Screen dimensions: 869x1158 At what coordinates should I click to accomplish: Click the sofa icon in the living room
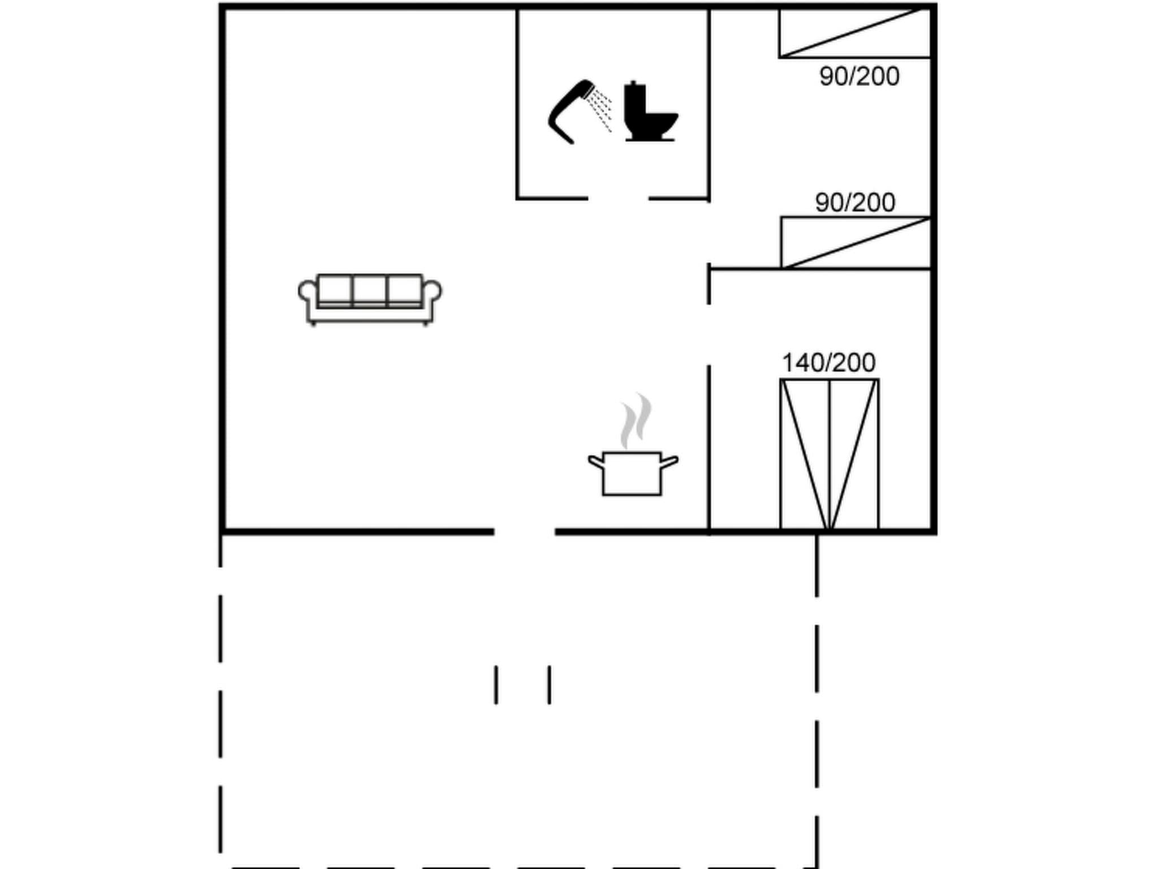[370, 299]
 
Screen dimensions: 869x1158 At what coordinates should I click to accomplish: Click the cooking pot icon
[632, 473]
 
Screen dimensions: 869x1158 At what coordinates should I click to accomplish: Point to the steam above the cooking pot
[636, 420]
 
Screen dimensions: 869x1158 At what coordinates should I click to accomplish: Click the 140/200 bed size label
[828, 363]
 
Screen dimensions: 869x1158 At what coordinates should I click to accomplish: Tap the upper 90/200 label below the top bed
[859, 77]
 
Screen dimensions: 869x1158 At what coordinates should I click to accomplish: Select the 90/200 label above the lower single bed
[855, 203]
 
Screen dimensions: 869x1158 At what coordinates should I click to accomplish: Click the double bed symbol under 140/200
[829, 454]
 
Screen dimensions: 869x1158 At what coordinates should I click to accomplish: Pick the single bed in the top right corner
[854, 33]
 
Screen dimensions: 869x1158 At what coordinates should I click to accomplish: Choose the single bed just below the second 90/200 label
[855, 242]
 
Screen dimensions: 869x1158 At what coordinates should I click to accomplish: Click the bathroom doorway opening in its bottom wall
[618, 199]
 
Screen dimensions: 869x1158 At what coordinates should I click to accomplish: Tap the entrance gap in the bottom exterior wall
[524, 531]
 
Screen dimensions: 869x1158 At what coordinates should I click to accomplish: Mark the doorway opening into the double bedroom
[708, 335]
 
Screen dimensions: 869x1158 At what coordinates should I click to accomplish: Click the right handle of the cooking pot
[669, 462]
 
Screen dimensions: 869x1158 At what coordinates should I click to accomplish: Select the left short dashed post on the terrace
[496, 685]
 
